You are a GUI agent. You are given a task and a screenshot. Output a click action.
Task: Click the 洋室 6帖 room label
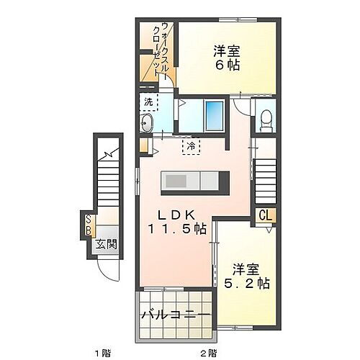coord(225,58)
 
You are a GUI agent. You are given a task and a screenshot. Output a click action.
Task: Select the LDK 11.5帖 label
coord(178,221)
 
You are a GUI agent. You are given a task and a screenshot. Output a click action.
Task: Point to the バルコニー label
coord(176,315)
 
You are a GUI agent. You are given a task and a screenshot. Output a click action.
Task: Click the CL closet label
coord(264,215)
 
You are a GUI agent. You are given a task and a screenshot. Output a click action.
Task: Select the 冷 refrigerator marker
coord(192,145)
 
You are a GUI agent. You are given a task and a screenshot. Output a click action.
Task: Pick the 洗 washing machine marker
coord(148,102)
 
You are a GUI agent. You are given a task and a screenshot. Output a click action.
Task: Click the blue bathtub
coord(215,114)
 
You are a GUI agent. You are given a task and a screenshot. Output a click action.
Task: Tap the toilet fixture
coord(266,119)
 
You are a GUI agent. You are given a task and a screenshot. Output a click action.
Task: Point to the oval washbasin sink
coord(147,123)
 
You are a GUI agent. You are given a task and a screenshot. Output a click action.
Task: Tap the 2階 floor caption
coord(208,352)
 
